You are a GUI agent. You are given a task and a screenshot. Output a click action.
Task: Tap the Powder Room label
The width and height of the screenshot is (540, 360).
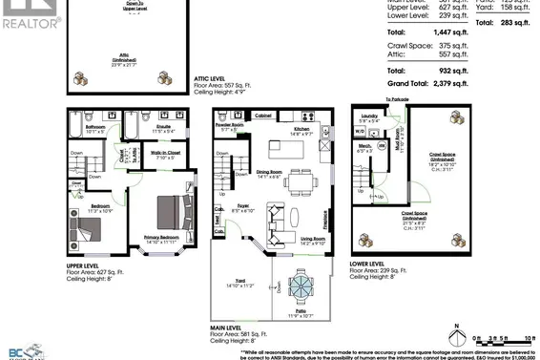click(x=229, y=125)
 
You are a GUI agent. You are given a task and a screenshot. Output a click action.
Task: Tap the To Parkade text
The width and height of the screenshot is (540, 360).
click(x=372, y=99)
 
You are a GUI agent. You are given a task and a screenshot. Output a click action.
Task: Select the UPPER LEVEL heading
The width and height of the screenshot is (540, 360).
click(x=88, y=264)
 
